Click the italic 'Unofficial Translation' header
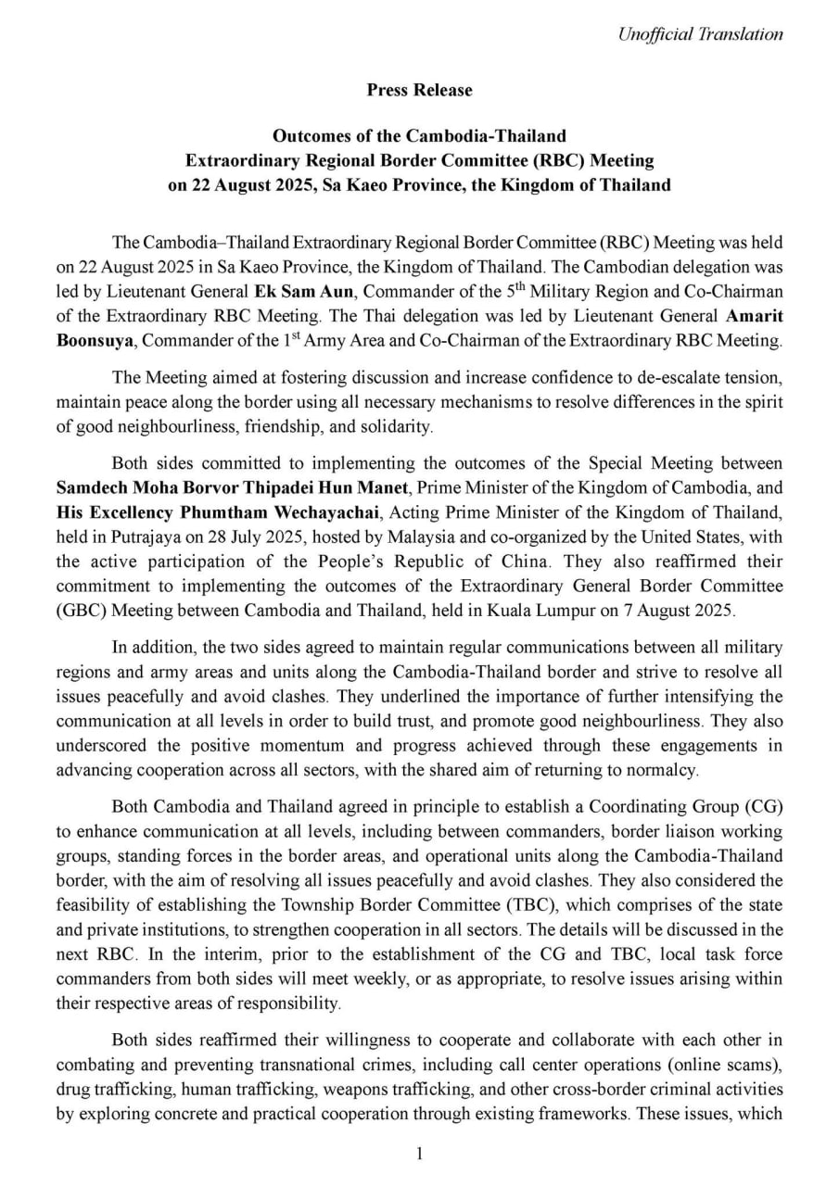point(700,34)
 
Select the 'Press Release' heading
point(419,90)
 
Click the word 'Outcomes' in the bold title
point(323,136)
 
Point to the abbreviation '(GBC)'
point(76,610)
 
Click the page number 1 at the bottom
point(419,1154)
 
